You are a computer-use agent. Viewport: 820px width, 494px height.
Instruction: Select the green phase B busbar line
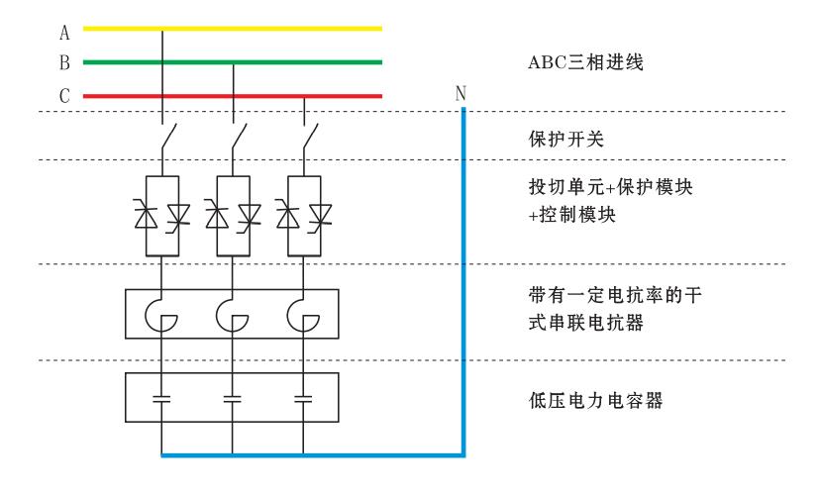[x=297, y=62]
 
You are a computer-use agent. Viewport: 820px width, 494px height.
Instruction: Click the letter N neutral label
[x=461, y=93]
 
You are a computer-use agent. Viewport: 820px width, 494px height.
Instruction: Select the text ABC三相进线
[x=586, y=63]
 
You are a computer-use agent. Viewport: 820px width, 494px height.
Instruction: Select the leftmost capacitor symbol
[x=161, y=400]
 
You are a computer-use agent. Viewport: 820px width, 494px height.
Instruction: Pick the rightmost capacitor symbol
[x=303, y=400]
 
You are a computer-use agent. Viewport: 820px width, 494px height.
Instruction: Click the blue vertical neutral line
[x=462, y=277]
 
